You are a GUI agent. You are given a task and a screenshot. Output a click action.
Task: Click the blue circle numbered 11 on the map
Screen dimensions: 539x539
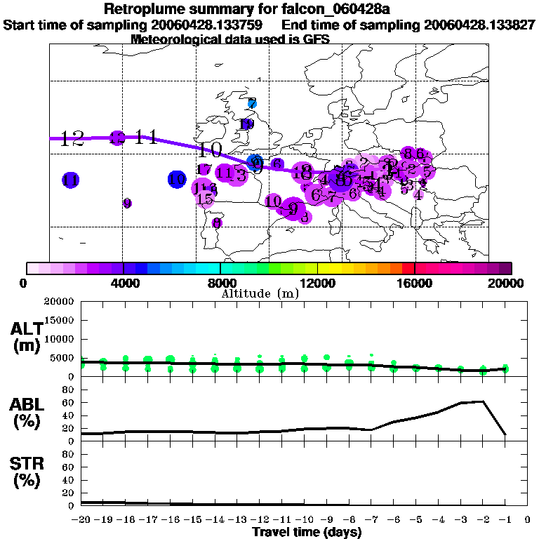pos(70,180)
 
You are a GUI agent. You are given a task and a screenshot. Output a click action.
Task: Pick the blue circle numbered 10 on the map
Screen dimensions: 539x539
pos(178,179)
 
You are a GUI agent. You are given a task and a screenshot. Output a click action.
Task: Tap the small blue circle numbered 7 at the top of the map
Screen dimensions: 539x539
pos(253,103)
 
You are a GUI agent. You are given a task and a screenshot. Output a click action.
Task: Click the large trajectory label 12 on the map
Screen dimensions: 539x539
pos(72,138)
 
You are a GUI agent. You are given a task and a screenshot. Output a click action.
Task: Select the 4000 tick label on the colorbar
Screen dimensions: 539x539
pos(123,284)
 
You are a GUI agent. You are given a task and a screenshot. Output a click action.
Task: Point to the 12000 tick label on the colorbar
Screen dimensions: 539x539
pos(318,284)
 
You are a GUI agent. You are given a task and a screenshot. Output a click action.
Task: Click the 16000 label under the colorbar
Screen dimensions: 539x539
pos(415,284)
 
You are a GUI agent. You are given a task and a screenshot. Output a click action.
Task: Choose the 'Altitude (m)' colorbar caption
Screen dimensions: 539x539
pos(260,293)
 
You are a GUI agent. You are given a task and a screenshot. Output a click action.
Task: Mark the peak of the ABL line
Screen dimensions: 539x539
pos(483,401)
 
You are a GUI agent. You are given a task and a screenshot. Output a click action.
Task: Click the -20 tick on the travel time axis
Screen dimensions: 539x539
pos(81,520)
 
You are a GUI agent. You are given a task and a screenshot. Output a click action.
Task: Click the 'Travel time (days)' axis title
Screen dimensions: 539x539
pos(307,532)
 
